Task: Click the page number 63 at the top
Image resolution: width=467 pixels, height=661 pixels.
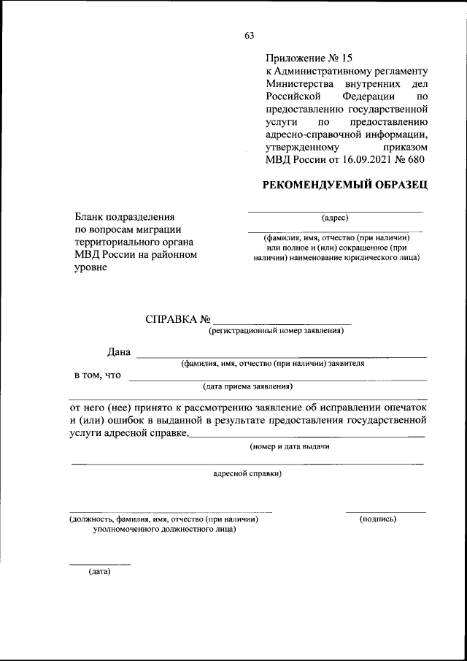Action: click(x=250, y=36)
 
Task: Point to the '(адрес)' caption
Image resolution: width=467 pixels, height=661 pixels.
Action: click(x=335, y=218)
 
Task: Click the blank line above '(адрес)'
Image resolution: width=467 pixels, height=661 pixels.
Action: click(x=335, y=211)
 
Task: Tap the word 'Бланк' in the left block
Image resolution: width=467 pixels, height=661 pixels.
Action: click(x=90, y=217)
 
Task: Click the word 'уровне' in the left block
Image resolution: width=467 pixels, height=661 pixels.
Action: click(x=90, y=268)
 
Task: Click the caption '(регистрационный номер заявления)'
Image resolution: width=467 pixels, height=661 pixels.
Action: click(x=277, y=331)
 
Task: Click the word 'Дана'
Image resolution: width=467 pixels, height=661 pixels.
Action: click(x=119, y=353)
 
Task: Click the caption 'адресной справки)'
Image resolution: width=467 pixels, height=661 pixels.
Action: click(x=247, y=473)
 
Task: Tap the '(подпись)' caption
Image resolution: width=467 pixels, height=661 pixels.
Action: click(x=378, y=519)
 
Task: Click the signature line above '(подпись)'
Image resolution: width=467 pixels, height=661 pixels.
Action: click(x=385, y=512)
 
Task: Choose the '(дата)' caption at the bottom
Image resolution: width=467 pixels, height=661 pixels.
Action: click(x=99, y=570)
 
